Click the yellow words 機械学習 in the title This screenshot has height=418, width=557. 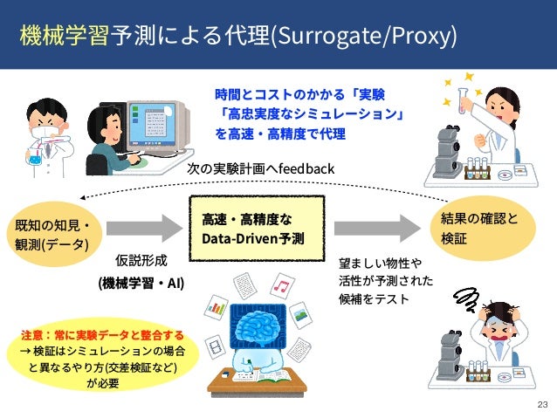click(x=65, y=38)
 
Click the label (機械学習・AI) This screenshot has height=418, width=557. click(x=141, y=284)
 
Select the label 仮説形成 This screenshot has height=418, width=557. click(x=141, y=260)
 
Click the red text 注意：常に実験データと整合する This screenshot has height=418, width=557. click(x=102, y=335)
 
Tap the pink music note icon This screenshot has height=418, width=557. click(x=281, y=284)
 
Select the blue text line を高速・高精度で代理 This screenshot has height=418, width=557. click(x=280, y=134)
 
